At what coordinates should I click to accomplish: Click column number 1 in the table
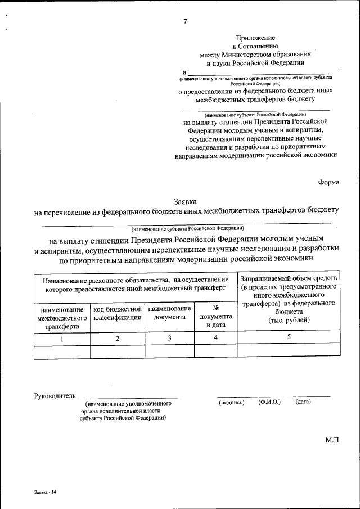[x=62, y=339]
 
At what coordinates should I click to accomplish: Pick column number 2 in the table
[x=117, y=339]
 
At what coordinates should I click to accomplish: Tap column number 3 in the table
[x=169, y=339]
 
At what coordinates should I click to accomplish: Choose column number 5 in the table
[x=289, y=337]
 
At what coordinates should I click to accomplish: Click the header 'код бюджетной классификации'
[x=117, y=313]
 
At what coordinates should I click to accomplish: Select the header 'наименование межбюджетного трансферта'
[x=62, y=318]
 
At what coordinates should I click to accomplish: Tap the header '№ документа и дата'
[x=216, y=317]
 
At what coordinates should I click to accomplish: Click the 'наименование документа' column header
[x=169, y=313]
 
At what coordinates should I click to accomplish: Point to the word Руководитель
[x=55, y=396]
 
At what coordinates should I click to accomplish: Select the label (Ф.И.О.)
[x=269, y=402]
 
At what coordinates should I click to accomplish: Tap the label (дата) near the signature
[x=303, y=402]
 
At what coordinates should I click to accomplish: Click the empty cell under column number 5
[x=289, y=351]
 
